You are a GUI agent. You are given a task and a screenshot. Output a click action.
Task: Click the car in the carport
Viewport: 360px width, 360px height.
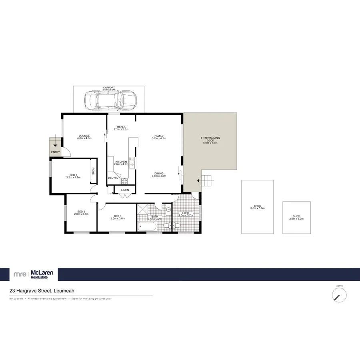[110, 100]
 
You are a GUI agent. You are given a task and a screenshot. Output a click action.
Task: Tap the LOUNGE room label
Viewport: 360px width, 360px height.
[84, 135]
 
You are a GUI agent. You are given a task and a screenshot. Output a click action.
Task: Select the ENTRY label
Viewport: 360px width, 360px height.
[56, 152]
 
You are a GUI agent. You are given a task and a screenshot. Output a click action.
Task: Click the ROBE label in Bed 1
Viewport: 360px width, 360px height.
[93, 171]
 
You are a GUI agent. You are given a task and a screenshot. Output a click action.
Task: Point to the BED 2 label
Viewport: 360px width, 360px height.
[81, 212]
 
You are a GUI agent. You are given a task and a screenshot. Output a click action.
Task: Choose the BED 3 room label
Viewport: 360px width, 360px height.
[118, 216]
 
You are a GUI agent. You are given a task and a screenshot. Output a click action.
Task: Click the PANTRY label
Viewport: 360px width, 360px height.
[113, 178]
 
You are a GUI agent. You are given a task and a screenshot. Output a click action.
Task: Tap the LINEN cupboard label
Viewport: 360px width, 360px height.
[125, 190]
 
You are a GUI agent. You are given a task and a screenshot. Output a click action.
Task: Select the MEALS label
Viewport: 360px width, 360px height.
[121, 127]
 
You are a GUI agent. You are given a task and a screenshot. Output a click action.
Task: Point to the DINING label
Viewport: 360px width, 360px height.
[159, 173]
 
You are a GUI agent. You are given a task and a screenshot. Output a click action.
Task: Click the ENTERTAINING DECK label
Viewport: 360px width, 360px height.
[210, 140]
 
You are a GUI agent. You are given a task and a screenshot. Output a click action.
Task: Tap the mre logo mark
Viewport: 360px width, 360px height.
[20, 274]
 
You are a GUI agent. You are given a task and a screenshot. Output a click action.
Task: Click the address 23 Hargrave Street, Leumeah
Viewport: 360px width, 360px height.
[37, 292]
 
